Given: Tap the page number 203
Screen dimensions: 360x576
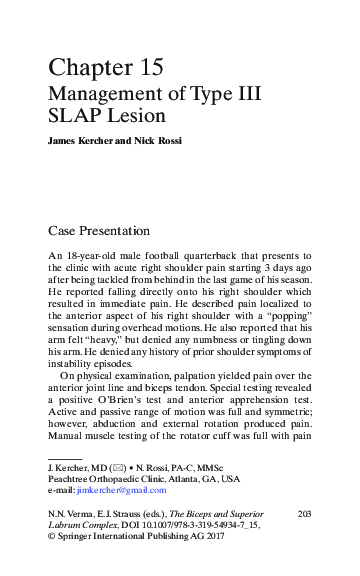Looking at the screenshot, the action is click(306, 512).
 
